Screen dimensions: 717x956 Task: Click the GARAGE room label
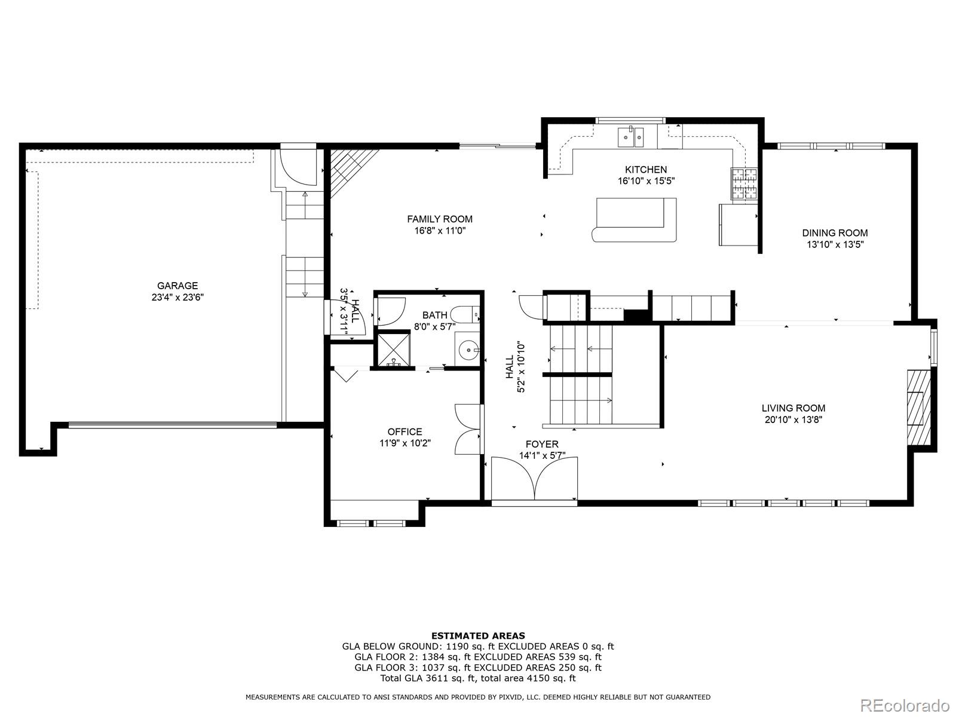click(177, 286)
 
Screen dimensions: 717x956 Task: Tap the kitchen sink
click(630, 137)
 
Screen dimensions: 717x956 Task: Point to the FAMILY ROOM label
click(440, 219)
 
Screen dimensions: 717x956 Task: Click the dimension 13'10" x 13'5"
click(835, 244)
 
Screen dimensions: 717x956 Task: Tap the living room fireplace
click(918, 407)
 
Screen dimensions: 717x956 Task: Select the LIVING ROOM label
click(793, 408)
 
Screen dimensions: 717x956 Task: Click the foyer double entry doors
click(535, 478)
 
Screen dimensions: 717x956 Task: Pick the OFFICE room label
click(405, 431)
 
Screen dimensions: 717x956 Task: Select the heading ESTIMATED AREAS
click(478, 636)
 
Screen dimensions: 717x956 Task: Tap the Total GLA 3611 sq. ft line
click(478, 678)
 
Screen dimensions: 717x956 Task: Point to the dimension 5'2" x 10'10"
click(522, 367)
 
